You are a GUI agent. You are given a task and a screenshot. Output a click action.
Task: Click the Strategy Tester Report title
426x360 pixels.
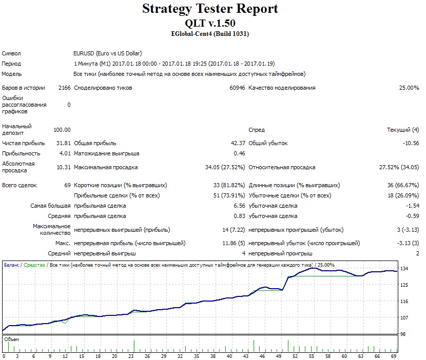pyautogui.click(x=210, y=9)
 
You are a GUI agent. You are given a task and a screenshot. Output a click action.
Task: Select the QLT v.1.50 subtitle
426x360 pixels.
pyautogui.click(x=210, y=24)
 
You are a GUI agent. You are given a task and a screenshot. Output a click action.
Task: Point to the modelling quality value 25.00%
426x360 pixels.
pyautogui.click(x=409, y=88)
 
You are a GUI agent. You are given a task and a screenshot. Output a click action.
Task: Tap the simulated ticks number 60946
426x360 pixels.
pyautogui.click(x=237, y=88)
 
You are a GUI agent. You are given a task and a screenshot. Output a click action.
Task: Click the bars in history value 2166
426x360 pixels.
pyautogui.click(x=64, y=88)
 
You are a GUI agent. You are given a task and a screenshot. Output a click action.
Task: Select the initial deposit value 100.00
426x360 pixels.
pyautogui.click(x=62, y=130)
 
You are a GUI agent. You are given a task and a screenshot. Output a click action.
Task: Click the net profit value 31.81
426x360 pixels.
pyautogui.click(x=63, y=143)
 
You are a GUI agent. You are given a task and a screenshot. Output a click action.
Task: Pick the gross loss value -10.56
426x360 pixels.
pyautogui.click(x=411, y=143)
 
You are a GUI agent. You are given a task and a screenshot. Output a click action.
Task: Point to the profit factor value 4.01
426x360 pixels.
pyautogui.click(x=65, y=153)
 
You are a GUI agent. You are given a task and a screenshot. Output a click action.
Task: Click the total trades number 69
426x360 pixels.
pyautogui.click(x=67, y=185)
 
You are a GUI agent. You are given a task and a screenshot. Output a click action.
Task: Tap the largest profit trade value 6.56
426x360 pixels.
pyautogui.click(x=239, y=206)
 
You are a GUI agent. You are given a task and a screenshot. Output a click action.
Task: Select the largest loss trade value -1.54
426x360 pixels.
pyautogui.click(x=413, y=206)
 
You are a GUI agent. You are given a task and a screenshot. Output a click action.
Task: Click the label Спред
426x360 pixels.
pyautogui.click(x=257, y=130)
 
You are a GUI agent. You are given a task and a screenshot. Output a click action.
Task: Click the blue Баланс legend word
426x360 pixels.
pyautogui.click(x=11, y=265)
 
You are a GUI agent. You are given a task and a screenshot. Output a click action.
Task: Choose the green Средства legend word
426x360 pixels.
pyautogui.click(x=34, y=265)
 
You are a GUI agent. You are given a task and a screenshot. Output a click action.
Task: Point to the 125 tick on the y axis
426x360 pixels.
pyautogui.click(x=404, y=285)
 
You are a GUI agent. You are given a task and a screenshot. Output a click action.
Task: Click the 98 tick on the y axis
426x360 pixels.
pyautogui.click(x=403, y=334)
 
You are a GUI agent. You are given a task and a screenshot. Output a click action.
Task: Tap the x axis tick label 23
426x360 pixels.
pyautogui.click(x=131, y=356)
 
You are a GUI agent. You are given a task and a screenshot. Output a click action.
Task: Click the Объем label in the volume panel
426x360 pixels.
pyautogui.click(x=12, y=339)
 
